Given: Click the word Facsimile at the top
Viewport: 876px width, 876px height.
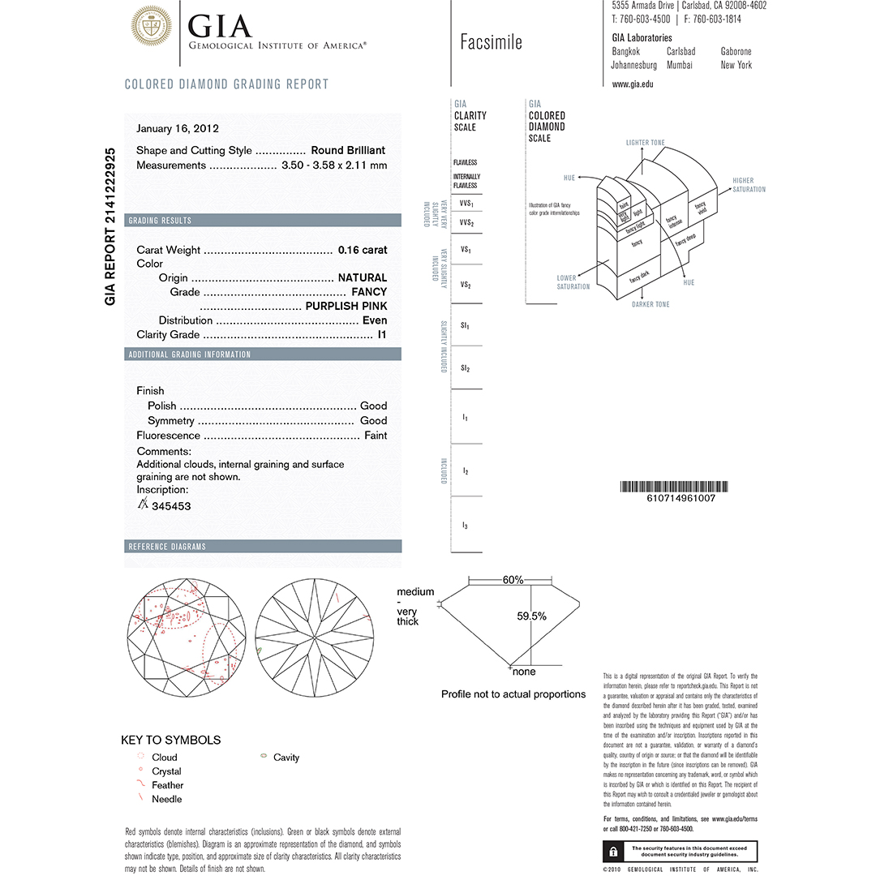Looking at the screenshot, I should pos(491,42).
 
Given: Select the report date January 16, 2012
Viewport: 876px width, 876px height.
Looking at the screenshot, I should pos(178,128).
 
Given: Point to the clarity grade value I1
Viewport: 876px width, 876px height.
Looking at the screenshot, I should pos(382,334).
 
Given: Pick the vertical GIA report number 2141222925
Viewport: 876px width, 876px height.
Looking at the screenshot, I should pos(112,226).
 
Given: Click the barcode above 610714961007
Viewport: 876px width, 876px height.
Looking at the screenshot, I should pos(668,487).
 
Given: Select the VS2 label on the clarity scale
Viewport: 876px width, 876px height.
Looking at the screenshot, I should pos(466,285).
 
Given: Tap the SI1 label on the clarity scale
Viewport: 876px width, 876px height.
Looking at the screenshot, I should pos(466,325).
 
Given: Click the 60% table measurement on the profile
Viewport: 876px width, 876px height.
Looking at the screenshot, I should pos(513,580).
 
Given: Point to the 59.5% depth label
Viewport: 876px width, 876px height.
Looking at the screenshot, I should pos(531,616).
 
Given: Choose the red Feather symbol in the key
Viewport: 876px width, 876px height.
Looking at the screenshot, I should pos(140,784).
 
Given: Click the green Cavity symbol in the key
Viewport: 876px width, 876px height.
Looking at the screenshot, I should pos(263,757).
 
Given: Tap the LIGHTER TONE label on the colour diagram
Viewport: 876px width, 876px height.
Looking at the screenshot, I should pos(645,143).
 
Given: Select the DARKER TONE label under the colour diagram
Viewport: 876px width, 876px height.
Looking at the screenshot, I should pos(651,304).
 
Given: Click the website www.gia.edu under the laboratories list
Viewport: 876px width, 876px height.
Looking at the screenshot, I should pos(633,84).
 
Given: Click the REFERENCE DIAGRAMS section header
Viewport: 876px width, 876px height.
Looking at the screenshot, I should pos(167,547).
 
